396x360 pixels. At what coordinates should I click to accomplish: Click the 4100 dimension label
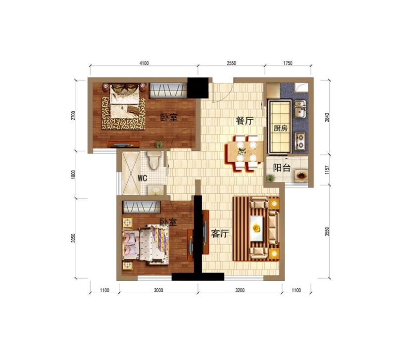[x=144, y=63]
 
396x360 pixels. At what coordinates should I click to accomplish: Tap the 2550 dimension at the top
[x=231, y=63]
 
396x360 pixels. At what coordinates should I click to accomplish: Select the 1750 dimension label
[x=288, y=63]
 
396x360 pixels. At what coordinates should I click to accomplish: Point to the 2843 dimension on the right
[x=327, y=118]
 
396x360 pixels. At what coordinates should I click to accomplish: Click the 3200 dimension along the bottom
[x=240, y=290]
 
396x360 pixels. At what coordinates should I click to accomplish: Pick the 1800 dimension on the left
[x=73, y=175]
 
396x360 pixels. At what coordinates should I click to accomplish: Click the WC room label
[x=143, y=179]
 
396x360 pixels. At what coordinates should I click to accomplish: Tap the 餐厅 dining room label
[x=245, y=121]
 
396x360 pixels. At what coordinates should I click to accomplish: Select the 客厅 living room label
[x=220, y=233]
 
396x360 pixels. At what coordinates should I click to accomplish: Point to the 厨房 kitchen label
[x=281, y=128]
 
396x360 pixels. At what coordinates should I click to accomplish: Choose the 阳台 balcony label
[x=282, y=168]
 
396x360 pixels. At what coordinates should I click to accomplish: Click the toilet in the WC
[x=154, y=160]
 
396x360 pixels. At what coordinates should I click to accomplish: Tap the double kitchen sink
[x=300, y=109]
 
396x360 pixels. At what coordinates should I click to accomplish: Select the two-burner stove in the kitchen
[x=300, y=141]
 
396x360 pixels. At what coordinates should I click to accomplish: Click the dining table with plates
[x=244, y=153]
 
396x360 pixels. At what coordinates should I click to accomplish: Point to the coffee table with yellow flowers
[x=256, y=228]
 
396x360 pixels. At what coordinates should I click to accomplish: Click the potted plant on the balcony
[x=270, y=178]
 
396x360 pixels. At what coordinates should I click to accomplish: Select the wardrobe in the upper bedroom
[x=168, y=91]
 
